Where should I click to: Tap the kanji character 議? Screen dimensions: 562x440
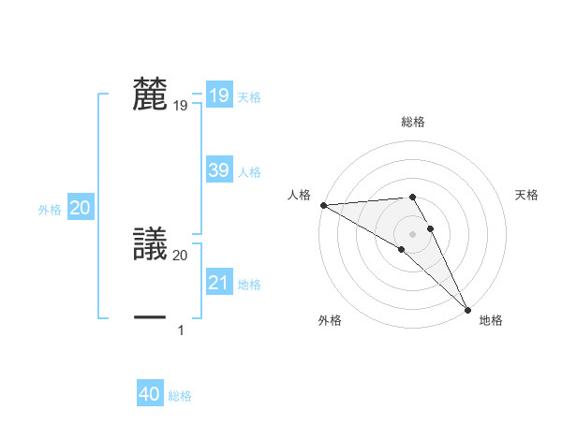tap(151, 244)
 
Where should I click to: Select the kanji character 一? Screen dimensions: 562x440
tap(151, 318)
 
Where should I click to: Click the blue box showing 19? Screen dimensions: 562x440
tap(218, 95)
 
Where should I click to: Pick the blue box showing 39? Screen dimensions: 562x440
tap(218, 170)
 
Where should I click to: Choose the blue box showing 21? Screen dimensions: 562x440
tap(218, 283)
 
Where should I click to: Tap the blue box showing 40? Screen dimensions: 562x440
tap(150, 395)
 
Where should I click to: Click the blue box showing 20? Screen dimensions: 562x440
tap(80, 209)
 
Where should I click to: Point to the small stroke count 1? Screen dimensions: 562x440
tap(181, 330)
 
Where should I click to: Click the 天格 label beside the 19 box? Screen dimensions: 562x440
tap(249, 96)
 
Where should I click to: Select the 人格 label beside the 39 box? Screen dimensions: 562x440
tap(249, 171)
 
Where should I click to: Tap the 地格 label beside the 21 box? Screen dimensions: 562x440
tap(249, 284)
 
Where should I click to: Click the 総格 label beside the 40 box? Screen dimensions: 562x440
tap(180, 396)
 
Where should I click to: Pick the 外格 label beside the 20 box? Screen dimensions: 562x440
tap(50, 210)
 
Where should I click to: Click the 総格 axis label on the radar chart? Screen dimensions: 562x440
tap(413, 122)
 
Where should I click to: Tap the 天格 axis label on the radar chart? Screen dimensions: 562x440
tap(527, 195)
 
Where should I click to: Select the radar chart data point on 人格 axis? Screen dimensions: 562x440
tap(323, 204)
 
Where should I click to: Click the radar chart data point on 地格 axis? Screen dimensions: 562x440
tap(468, 310)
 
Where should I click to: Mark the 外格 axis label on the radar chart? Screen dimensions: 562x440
tap(330, 321)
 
